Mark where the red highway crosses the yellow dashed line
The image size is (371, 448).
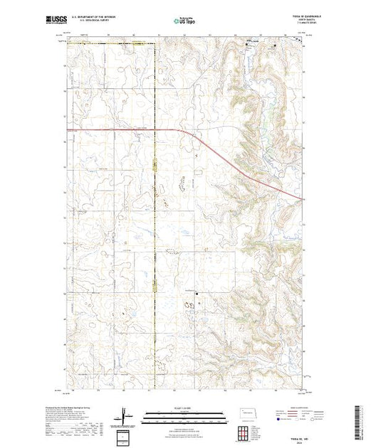point(155,130)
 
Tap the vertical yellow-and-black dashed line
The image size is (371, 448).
point(155,213)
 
